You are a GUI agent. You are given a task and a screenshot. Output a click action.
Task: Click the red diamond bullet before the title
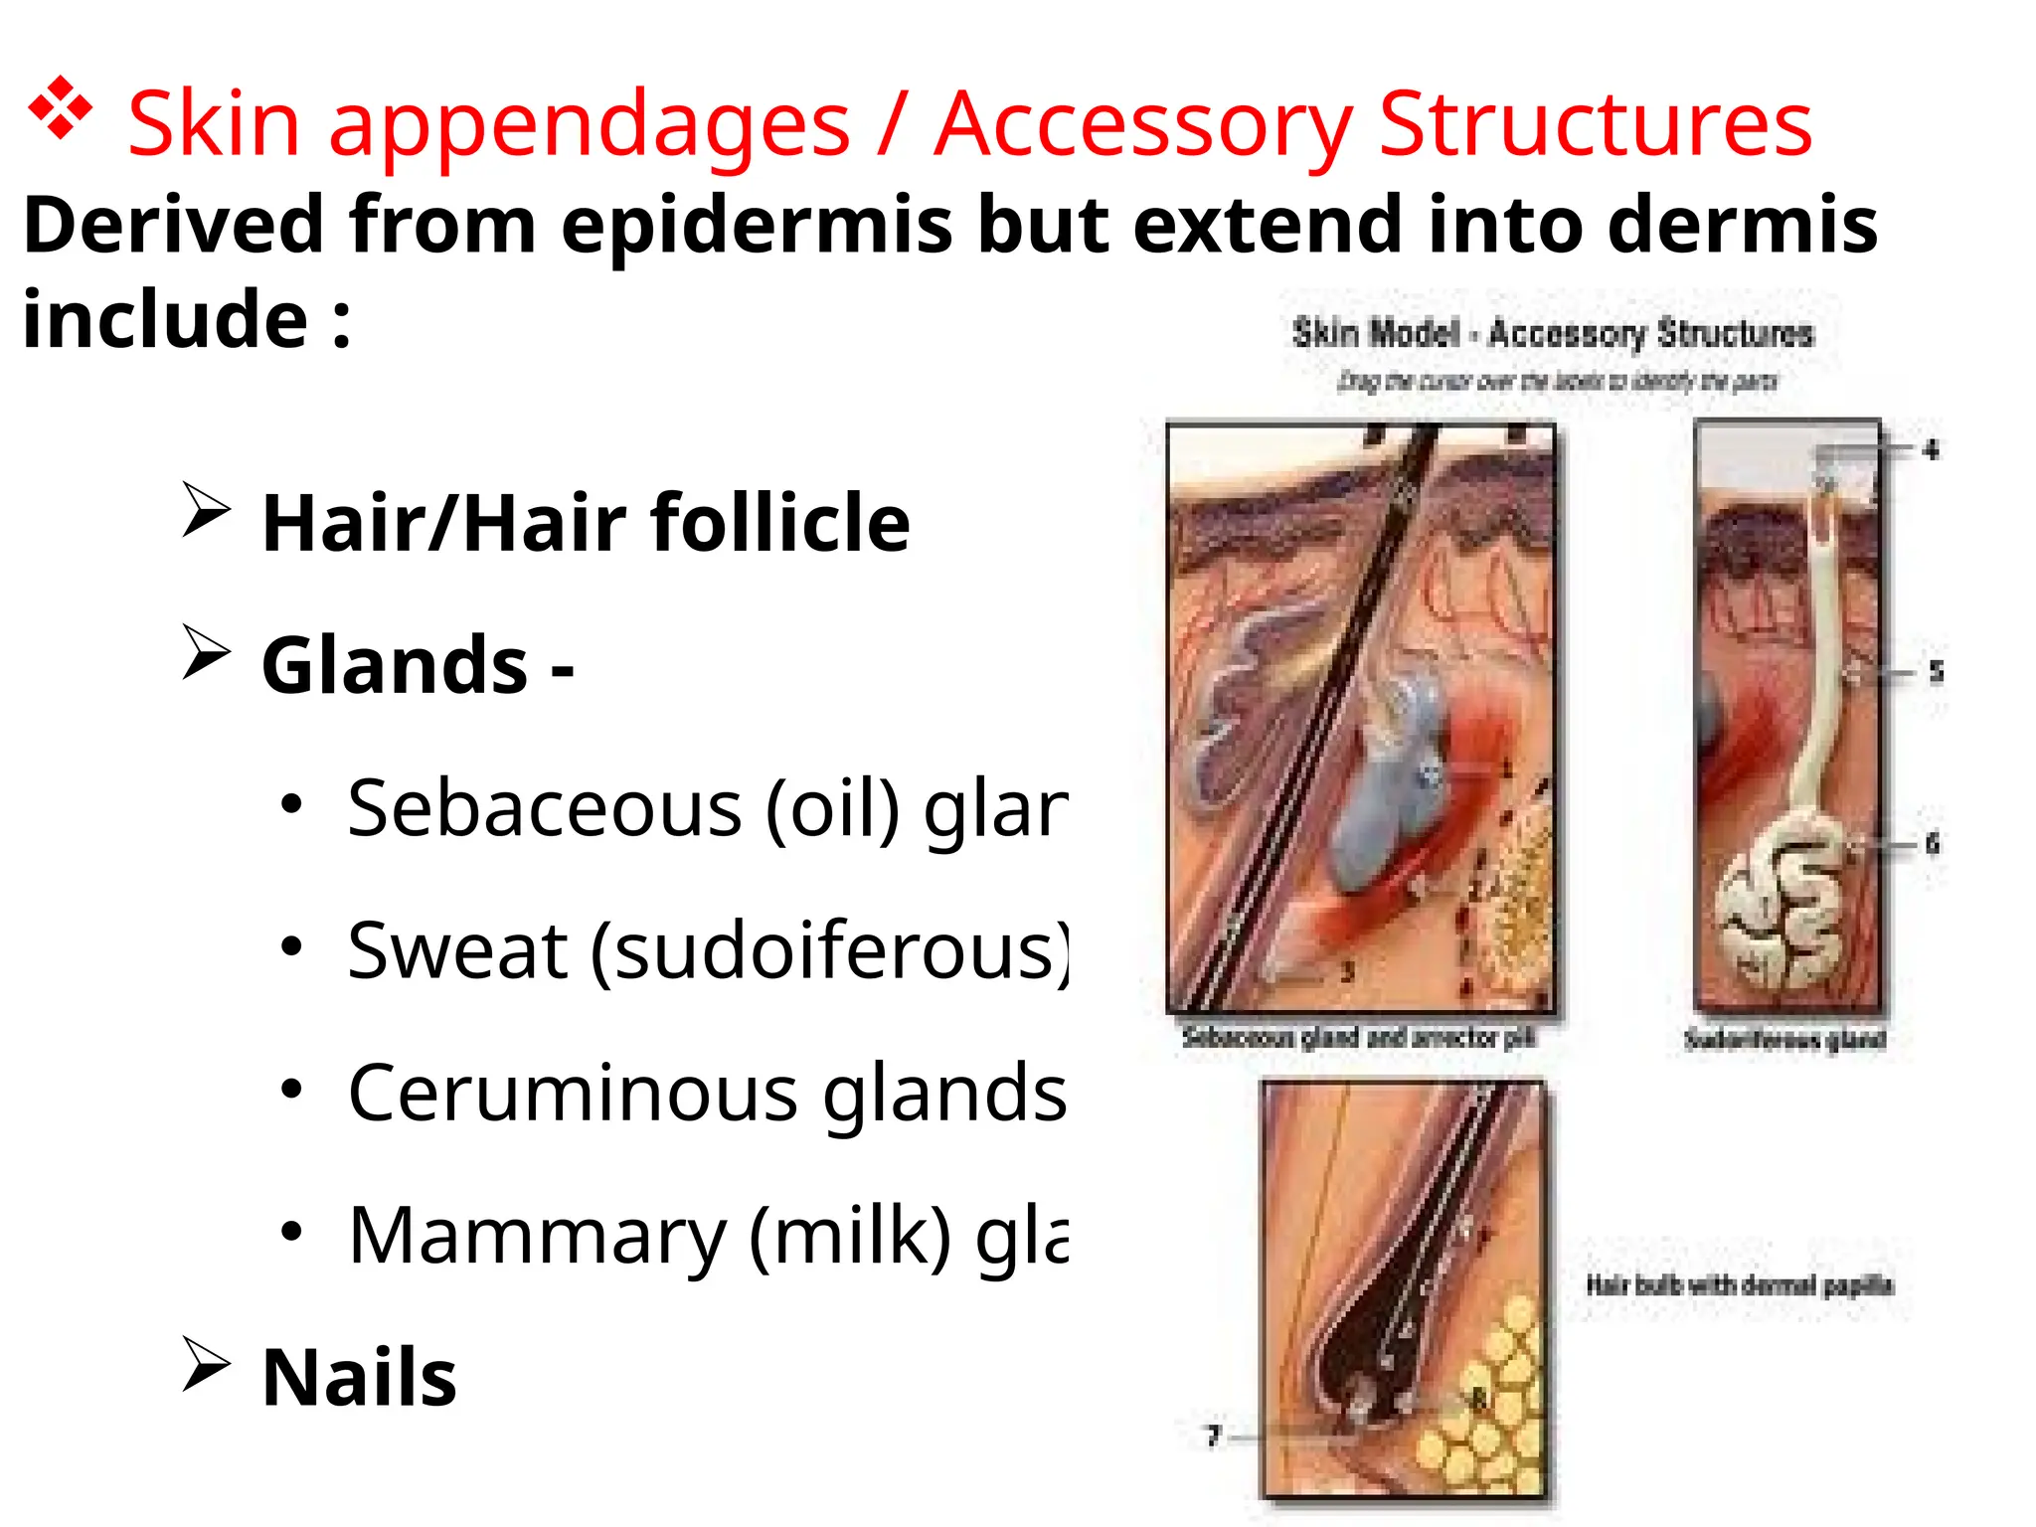(61, 106)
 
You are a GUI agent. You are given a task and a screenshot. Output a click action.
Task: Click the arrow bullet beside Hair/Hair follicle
(206, 511)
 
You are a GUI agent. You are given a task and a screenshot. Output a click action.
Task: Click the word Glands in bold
(395, 665)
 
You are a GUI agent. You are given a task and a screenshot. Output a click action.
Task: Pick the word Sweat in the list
(457, 950)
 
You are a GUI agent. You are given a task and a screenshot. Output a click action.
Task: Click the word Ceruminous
(573, 1093)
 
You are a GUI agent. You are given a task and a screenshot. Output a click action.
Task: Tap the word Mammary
(537, 1236)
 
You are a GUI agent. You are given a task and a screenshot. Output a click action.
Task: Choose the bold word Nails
(359, 1378)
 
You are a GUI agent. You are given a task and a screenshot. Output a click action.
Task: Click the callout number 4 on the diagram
(1931, 450)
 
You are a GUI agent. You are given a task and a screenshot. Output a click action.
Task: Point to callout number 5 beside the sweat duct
(1936, 672)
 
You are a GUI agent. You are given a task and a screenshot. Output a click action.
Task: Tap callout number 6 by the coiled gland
(1932, 844)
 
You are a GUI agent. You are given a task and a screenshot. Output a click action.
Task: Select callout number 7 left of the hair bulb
(1213, 1436)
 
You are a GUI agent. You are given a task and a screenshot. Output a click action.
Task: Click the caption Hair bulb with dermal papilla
(1739, 1285)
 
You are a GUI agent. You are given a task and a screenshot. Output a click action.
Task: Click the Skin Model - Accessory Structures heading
(1553, 333)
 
